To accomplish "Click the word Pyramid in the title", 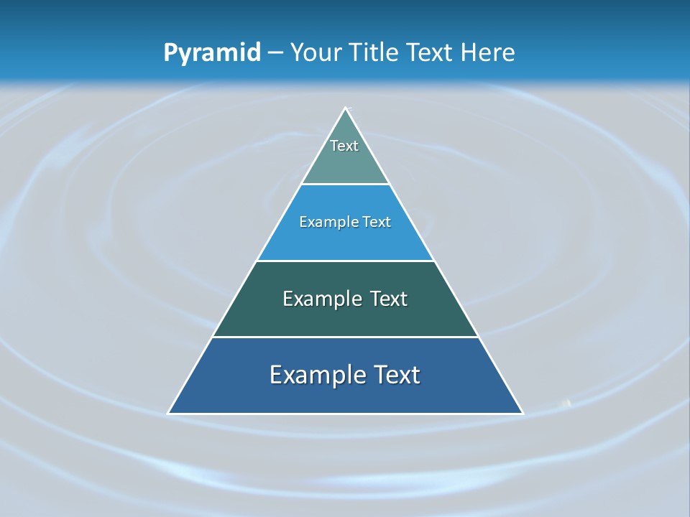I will click(x=212, y=53).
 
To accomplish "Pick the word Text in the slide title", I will click(x=432, y=52).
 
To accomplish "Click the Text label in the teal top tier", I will click(x=344, y=146).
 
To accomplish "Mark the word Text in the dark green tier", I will click(x=389, y=299).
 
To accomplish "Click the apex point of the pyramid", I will click(x=346, y=108).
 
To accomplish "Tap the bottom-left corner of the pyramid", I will click(x=169, y=413).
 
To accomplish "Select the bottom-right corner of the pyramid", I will click(x=523, y=413).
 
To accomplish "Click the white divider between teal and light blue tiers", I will click(x=346, y=184).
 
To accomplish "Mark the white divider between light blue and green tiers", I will click(x=346, y=261).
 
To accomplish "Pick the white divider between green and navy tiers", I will click(x=346, y=337).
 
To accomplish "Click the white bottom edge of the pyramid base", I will click(x=346, y=414).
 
